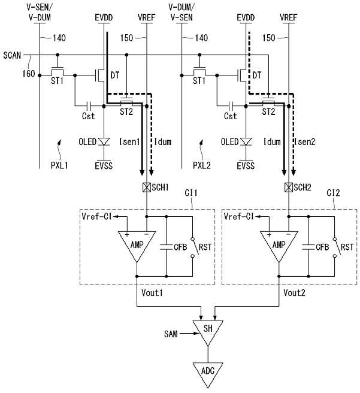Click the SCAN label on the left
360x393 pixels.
[12, 55]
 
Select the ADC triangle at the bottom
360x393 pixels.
[208, 373]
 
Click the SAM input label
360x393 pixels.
[171, 334]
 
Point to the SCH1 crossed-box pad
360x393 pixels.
[147, 188]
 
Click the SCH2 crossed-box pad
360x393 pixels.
[289, 188]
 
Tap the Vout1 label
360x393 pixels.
[152, 292]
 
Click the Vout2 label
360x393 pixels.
[294, 292]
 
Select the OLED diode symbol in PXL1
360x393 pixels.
[104, 141]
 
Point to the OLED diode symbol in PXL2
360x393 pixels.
[246, 141]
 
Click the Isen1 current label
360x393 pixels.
[129, 142]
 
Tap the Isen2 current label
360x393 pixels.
[305, 142]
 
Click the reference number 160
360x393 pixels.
[28, 74]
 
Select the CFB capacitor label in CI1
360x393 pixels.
[180, 247]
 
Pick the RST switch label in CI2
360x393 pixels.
[347, 247]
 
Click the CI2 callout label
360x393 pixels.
[333, 193]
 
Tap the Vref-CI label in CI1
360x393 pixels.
[96, 216]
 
